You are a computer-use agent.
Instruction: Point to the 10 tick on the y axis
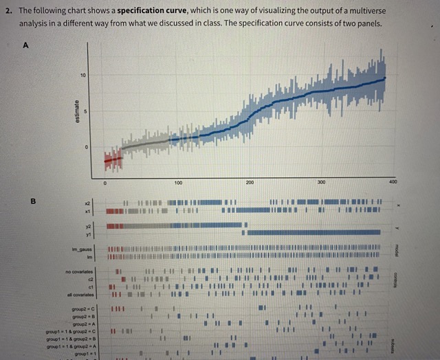click(x=84, y=74)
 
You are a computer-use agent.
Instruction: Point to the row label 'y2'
click(x=88, y=225)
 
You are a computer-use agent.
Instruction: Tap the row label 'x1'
click(x=88, y=211)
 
